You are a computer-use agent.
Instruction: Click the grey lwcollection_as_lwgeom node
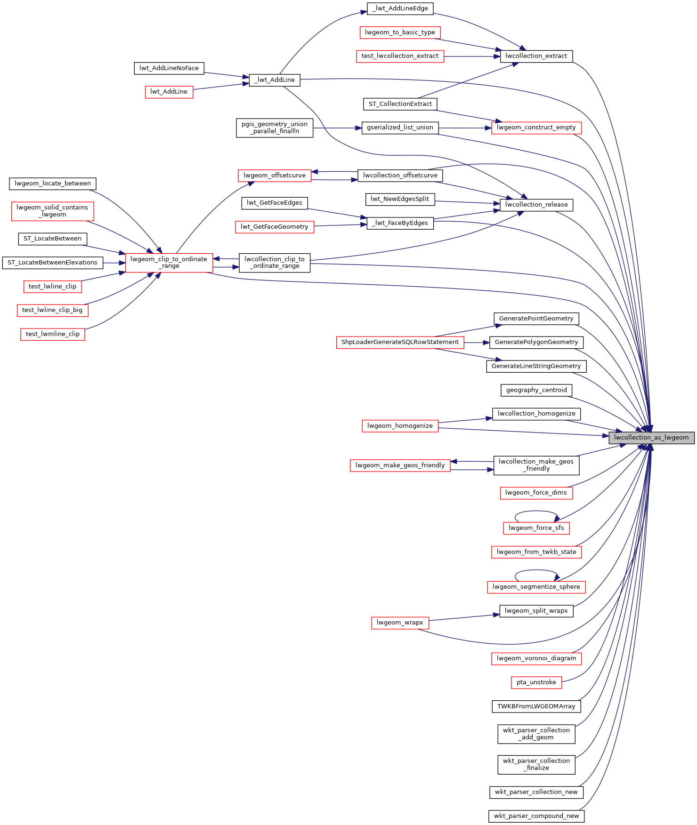(x=651, y=438)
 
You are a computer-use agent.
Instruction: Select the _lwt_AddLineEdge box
(x=400, y=8)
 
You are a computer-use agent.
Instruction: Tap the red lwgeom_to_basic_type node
(x=400, y=32)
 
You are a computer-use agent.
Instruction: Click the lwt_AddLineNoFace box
(x=169, y=68)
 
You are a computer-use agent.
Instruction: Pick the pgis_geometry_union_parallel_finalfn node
(x=275, y=128)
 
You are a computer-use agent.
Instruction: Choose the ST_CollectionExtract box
(x=400, y=104)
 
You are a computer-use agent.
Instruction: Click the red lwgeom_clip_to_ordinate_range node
(x=169, y=263)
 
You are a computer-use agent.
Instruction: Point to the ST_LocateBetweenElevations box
(x=52, y=263)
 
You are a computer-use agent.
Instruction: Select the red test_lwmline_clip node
(x=53, y=334)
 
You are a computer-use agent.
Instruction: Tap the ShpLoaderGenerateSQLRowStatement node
(x=400, y=342)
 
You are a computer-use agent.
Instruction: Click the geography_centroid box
(x=536, y=390)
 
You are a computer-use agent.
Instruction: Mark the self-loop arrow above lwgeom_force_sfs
(x=536, y=512)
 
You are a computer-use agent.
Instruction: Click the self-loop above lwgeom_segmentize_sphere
(x=536, y=571)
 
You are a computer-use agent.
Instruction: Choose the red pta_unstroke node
(x=536, y=682)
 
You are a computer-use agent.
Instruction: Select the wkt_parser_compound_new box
(x=536, y=816)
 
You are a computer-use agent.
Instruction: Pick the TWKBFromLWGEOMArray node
(x=536, y=706)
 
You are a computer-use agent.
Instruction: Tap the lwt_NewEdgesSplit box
(x=400, y=199)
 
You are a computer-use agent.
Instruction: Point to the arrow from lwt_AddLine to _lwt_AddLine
(x=221, y=87)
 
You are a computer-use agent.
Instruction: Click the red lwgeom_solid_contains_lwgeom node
(x=52, y=211)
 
